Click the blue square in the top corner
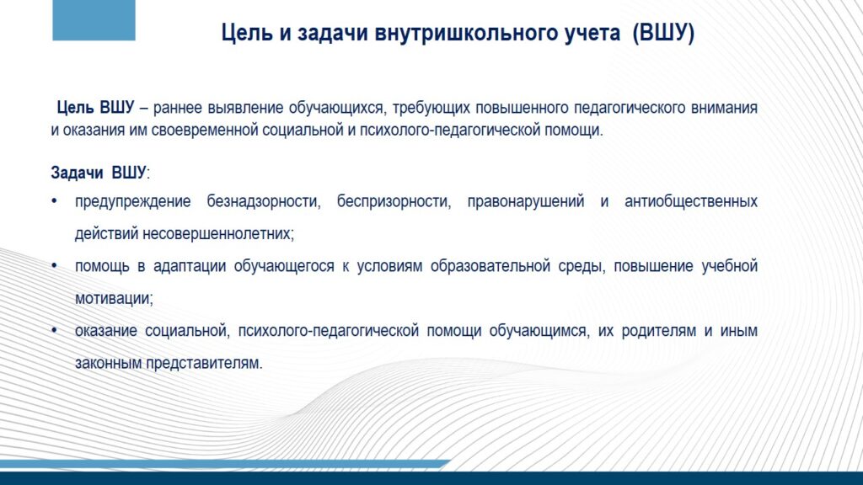pyautogui.click(x=94, y=20)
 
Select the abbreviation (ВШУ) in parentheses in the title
pyautogui.click(x=663, y=33)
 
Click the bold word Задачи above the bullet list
pyautogui.click(x=77, y=173)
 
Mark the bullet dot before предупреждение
pyautogui.click(x=54, y=202)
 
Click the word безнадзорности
pyautogui.click(x=264, y=202)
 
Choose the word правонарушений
pyautogui.click(x=526, y=202)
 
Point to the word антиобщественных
pyautogui.click(x=691, y=202)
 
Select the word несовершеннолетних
pyautogui.click(x=218, y=234)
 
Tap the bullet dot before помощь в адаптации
pyautogui.click(x=54, y=266)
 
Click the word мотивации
pyautogui.click(x=114, y=299)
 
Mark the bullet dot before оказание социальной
pyautogui.click(x=54, y=331)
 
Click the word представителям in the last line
pyautogui.click(x=204, y=364)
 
